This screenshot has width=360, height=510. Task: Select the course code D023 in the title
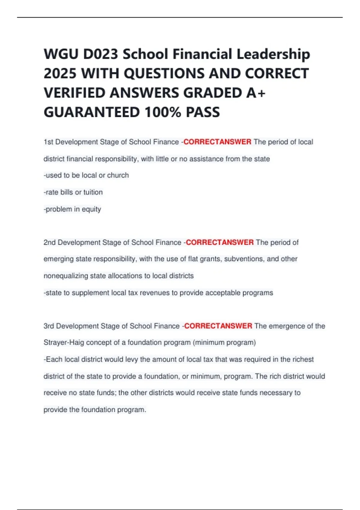(100, 54)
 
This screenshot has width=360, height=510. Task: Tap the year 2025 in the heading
(60, 73)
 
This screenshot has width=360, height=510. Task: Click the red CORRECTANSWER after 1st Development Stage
(217, 142)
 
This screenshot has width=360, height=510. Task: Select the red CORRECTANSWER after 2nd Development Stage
(220, 242)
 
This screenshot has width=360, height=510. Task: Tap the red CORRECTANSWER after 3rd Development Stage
(218, 326)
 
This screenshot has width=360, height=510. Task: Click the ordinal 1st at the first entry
(48, 142)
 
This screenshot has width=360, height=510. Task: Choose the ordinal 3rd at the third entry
(49, 326)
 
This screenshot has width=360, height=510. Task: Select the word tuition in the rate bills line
(93, 192)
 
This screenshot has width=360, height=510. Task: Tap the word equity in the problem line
(91, 209)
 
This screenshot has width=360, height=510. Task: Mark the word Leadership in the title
(273, 54)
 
